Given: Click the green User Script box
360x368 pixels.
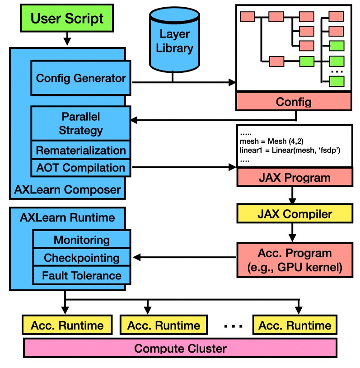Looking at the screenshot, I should click(67, 19).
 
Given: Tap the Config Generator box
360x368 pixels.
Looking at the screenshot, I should click(81, 78).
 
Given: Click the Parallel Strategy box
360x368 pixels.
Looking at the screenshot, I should click(81, 123).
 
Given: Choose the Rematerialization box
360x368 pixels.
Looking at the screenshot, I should click(81, 150).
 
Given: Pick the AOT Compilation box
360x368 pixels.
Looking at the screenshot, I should click(81, 168).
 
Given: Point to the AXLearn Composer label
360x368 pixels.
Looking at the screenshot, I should click(67, 189).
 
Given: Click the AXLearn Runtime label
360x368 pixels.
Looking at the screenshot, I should click(67, 217).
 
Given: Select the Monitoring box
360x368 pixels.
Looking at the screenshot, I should click(82, 240).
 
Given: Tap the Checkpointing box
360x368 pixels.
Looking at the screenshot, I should click(82, 258).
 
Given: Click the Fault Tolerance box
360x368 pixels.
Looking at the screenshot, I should click(82, 275).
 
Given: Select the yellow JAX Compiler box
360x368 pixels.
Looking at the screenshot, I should click(294, 213).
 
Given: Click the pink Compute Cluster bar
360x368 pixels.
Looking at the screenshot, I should click(180, 348).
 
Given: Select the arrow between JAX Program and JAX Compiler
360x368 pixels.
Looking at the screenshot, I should click(294, 195).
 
